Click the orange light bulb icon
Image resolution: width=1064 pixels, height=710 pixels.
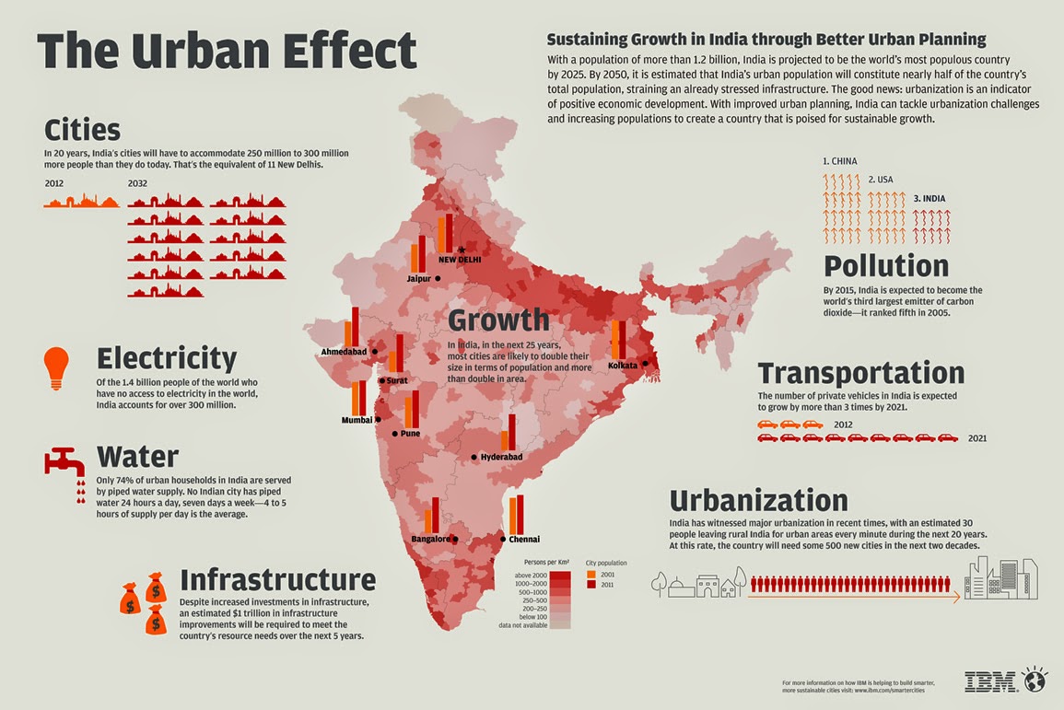pos(56,367)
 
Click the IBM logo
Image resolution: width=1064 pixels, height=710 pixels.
pos(991,681)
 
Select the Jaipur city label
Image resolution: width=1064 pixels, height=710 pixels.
pos(418,278)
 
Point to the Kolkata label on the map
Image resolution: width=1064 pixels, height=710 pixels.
pos(622,366)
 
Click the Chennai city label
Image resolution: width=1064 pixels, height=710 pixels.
pos(524,539)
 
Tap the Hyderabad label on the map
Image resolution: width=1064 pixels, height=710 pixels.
pos(502,457)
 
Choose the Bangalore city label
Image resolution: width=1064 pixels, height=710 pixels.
pos(430,539)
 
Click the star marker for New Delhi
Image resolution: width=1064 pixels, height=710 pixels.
pos(462,250)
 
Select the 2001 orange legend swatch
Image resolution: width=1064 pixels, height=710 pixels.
pos(590,574)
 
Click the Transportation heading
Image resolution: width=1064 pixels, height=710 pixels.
pos(860,373)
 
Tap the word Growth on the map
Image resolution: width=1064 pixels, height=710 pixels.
pos(498,320)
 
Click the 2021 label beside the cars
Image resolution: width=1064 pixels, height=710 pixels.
pos(976,438)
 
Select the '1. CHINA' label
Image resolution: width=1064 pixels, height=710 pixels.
pos(839,161)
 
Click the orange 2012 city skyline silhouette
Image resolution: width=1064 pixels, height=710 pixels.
pos(81,200)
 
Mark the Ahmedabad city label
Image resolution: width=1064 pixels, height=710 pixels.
pos(344,353)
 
